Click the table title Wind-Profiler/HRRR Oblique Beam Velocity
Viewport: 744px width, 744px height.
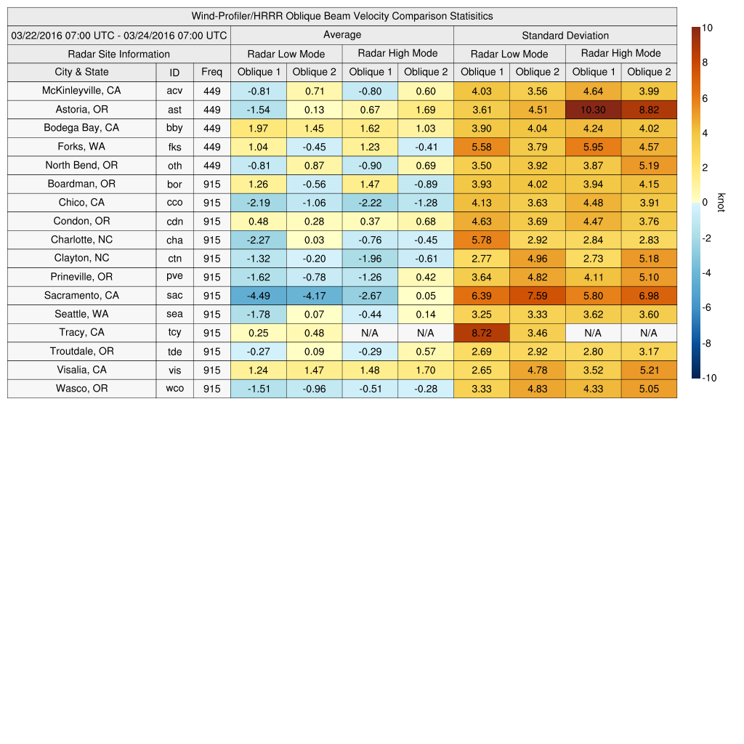point(341,16)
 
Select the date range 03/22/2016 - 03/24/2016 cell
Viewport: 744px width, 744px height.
point(119,35)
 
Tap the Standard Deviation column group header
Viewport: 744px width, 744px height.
point(565,35)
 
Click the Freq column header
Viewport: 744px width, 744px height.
point(211,72)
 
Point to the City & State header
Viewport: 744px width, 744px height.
point(81,72)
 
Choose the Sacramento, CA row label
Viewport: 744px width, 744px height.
point(81,296)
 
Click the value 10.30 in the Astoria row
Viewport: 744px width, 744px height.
point(593,110)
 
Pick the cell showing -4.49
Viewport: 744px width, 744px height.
point(259,296)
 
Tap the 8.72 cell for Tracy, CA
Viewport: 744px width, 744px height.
point(481,333)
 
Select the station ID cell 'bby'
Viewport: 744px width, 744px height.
point(174,128)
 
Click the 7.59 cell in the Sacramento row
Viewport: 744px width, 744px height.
point(537,296)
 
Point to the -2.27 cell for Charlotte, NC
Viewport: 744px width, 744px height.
point(259,240)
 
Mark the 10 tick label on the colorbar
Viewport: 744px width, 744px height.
point(707,28)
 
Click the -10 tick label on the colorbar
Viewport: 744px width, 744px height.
point(709,378)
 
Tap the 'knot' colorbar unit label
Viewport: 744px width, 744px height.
point(721,203)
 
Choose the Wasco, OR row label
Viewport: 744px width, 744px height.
point(81,389)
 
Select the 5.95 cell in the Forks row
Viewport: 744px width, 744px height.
point(593,147)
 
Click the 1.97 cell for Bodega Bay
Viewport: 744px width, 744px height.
point(259,128)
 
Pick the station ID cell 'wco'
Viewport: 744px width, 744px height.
point(174,389)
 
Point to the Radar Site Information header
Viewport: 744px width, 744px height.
point(118,54)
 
